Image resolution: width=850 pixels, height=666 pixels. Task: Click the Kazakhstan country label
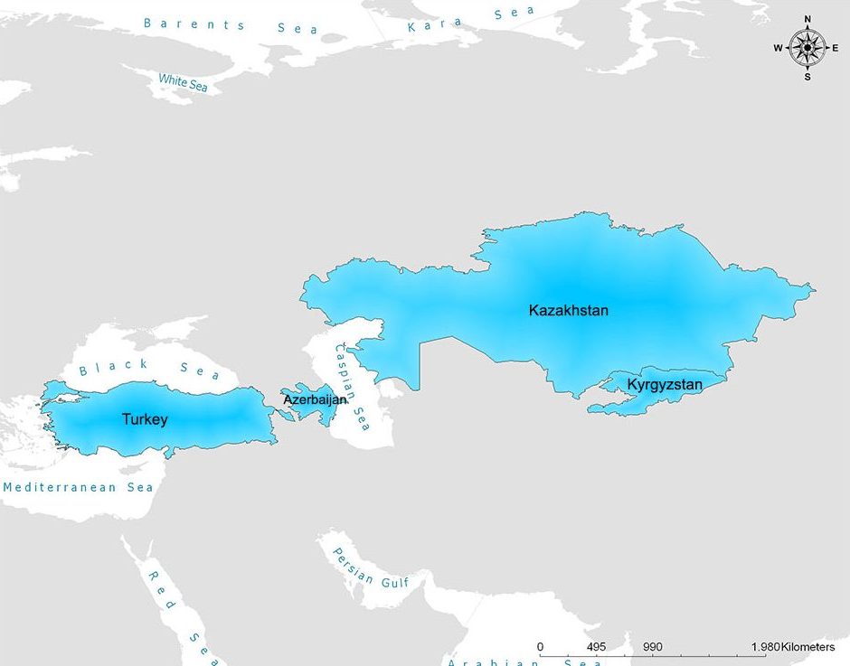pos(568,310)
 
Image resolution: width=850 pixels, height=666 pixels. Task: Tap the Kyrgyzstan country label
pos(665,385)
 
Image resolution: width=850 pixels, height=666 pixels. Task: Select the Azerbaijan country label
pos(315,399)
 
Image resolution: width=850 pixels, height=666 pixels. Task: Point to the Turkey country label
pos(145,419)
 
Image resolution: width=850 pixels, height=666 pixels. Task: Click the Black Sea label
pos(149,369)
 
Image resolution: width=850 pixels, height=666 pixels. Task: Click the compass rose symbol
pos(807,47)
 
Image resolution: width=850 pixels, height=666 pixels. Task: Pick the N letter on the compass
pos(807,19)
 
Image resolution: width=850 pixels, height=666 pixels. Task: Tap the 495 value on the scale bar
pos(595,647)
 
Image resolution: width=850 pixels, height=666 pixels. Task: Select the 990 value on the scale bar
pos(653,647)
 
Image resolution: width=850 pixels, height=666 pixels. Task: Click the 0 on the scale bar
pos(540,647)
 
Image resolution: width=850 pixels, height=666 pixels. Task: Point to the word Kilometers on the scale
pos(807,647)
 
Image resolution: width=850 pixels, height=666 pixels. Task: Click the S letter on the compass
pos(807,77)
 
